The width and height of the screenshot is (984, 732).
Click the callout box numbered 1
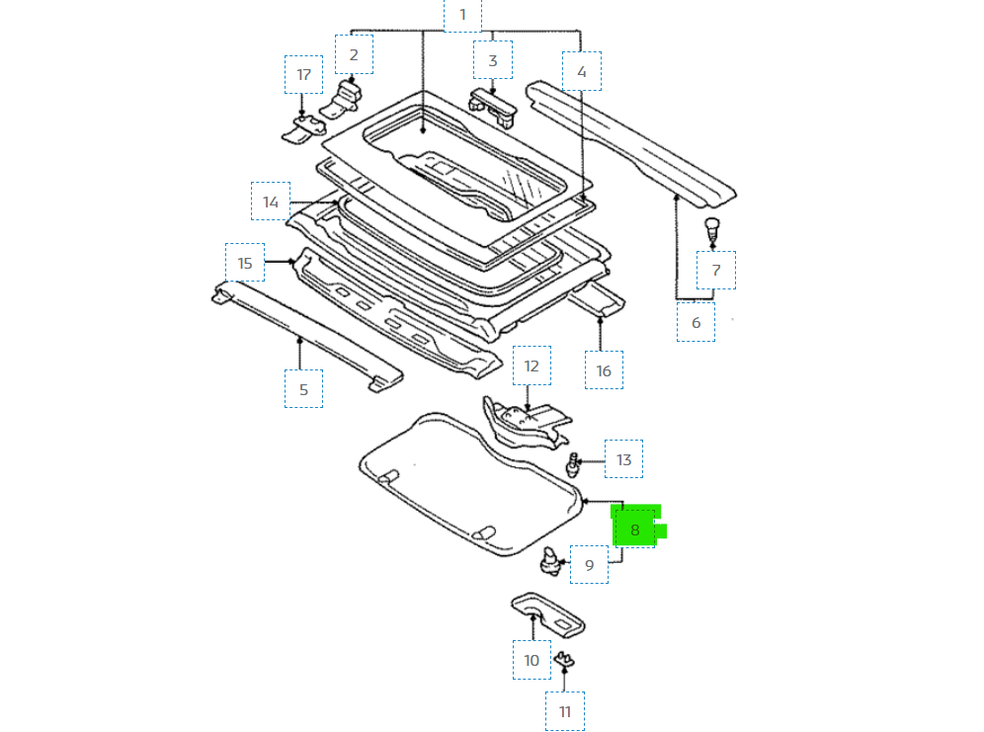click(x=462, y=15)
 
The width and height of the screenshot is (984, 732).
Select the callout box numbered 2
click(x=354, y=54)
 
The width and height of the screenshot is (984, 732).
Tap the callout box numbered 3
click(x=492, y=60)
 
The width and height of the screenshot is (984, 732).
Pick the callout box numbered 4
click(x=581, y=71)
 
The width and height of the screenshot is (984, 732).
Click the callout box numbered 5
click(x=303, y=388)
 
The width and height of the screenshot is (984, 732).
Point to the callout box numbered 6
click(x=696, y=322)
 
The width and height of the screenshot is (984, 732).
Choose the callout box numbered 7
click(x=715, y=270)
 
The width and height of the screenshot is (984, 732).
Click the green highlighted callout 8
click(x=635, y=529)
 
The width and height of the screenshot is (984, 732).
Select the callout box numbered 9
click(x=589, y=565)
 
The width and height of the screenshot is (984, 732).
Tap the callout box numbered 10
click(x=532, y=659)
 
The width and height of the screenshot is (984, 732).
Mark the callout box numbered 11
click(x=564, y=710)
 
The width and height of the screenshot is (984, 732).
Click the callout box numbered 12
click(x=532, y=366)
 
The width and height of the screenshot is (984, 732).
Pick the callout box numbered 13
click(x=623, y=459)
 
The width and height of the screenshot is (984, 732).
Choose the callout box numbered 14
click(x=271, y=202)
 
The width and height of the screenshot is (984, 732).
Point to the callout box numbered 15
click(x=245, y=263)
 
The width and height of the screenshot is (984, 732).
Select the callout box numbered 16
click(x=604, y=370)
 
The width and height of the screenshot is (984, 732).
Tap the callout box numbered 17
click(x=303, y=75)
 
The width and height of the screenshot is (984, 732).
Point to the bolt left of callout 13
click(x=573, y=461)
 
